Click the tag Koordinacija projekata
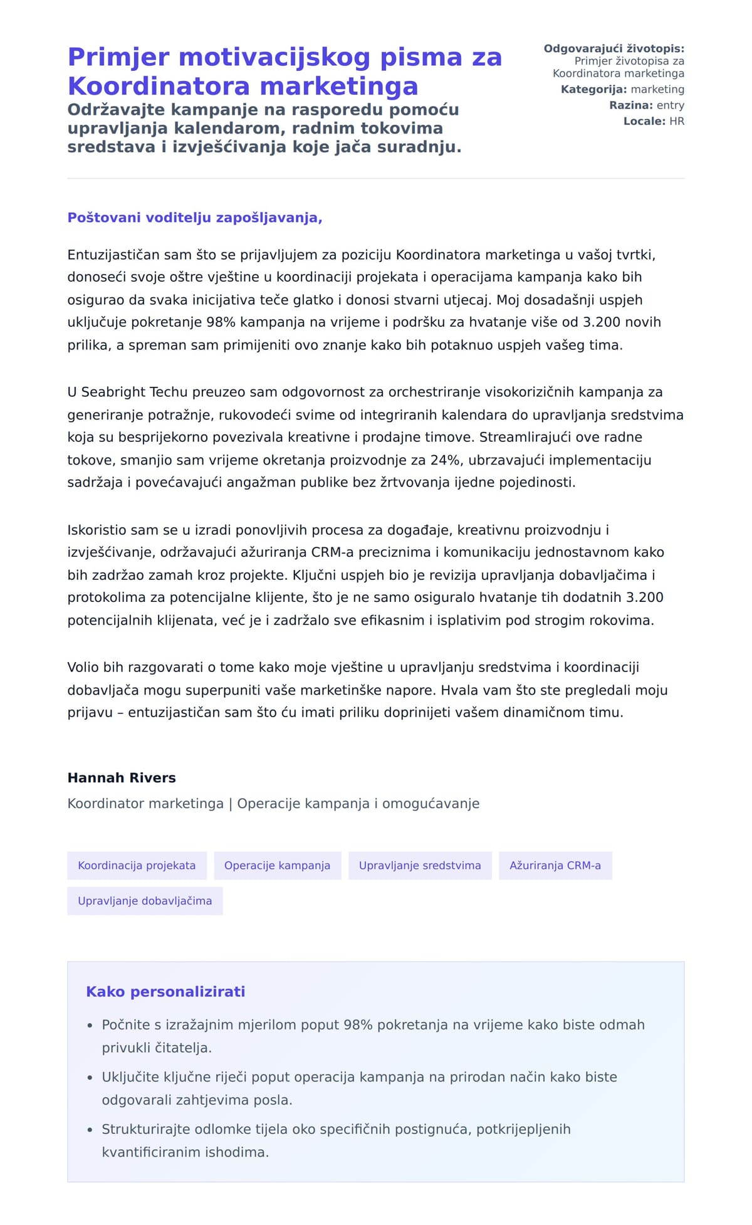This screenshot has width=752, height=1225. click(137, 865)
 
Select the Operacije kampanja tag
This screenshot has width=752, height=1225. click(277, 865)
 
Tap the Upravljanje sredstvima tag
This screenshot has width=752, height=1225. click(420, 865)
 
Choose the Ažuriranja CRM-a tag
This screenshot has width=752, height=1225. click(555, 865)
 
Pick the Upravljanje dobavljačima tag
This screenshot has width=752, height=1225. click(145, 900)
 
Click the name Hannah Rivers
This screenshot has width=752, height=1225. click(122, 777)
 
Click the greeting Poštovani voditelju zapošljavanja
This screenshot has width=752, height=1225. click(194, 218)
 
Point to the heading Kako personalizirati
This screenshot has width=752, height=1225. click(165, 991)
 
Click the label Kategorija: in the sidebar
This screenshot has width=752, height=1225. click(593, 89)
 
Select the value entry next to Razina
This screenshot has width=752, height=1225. click(670, 105)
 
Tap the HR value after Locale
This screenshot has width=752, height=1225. click(677, 121)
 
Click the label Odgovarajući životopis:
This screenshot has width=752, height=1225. click(614, 48)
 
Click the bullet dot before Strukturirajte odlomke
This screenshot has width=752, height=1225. click(90, 1130)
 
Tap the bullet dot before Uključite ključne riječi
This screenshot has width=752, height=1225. click(90, 1078)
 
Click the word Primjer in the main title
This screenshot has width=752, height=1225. click(118, 57)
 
